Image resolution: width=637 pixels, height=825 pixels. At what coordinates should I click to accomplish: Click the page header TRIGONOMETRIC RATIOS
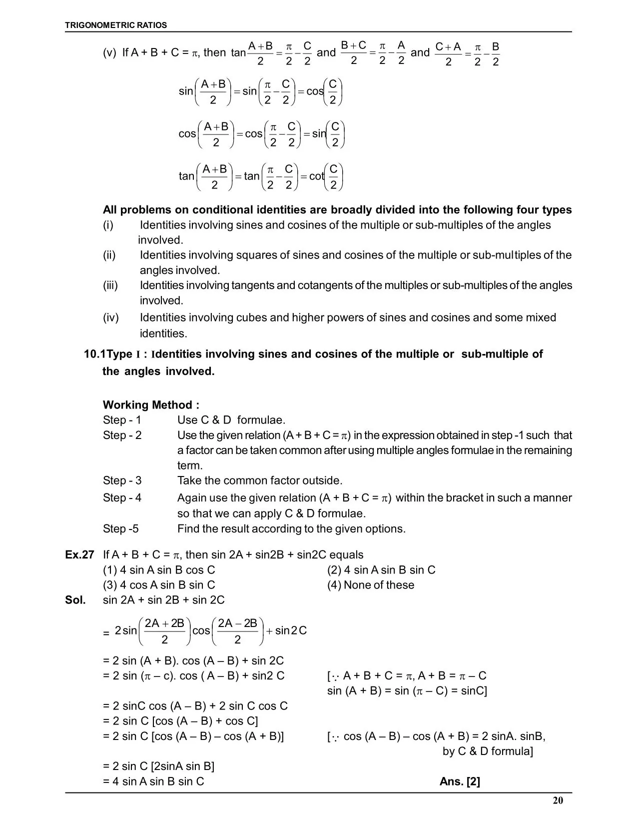[116, 25]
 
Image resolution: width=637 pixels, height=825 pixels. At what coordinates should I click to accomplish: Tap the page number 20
[558, 800]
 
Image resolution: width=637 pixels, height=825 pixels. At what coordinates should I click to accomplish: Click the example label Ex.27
[79, 554]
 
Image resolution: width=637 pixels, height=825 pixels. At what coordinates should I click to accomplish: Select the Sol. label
[75, 600]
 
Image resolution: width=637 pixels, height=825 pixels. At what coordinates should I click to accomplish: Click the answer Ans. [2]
[460, 781]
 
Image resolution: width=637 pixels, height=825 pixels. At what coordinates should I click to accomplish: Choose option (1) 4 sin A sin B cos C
[159, 570]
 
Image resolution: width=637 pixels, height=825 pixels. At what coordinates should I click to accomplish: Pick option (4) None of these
[371, 585]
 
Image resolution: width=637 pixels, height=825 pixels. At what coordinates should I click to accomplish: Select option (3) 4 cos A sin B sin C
[159, 585]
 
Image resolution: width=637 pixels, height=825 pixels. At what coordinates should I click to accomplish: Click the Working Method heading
[151, 404]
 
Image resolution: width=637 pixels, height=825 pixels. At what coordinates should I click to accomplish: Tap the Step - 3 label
[122, 480]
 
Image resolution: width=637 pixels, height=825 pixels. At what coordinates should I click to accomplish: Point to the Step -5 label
[121, 528]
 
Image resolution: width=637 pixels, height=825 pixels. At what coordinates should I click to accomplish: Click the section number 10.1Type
[108, 354]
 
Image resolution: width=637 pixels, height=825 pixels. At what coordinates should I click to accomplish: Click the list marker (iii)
[110, 285]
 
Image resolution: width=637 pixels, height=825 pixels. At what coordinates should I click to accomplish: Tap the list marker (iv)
[110, 317]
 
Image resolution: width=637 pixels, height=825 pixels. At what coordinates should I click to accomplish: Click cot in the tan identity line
[316, 176]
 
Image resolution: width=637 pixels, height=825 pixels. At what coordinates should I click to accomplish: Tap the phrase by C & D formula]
[488, 751]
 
